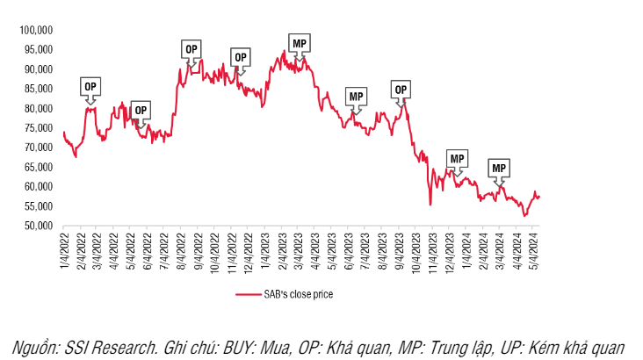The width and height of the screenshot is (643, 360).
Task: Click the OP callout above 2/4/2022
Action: tap(90, 86)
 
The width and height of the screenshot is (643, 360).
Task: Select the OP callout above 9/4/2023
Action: tap(401, 89)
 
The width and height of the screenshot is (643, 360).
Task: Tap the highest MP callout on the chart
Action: tap(300, 42)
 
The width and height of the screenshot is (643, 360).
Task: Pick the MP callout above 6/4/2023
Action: tap(356, 96)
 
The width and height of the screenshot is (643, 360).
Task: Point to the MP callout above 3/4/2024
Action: tap(499, 167)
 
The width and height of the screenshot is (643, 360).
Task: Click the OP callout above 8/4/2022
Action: tap(191, 49)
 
